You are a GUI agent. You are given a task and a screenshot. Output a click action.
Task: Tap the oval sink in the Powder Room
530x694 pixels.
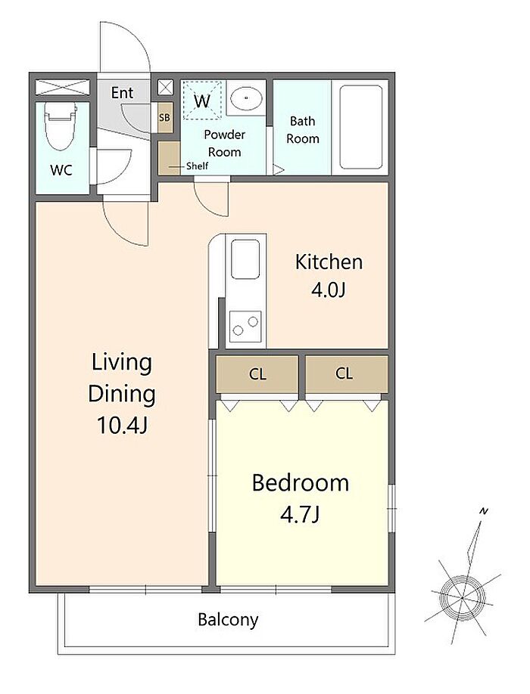[x=246, y=97]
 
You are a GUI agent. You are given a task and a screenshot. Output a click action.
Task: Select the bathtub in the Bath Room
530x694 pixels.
[x=360, y=127]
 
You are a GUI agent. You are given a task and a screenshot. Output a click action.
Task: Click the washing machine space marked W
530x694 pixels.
[x=202, y=101]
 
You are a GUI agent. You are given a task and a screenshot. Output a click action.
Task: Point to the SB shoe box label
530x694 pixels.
[x=164, y=118]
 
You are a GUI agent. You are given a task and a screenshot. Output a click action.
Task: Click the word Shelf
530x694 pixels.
[x=197, y=166]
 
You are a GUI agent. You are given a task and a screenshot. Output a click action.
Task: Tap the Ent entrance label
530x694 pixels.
[x=122, y=93]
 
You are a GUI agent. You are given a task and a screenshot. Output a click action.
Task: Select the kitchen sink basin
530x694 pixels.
[x=245, y=259]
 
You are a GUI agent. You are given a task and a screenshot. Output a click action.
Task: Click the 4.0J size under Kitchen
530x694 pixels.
[x=329, y=290]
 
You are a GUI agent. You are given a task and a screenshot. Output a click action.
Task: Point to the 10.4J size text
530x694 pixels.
[x=122, y=426]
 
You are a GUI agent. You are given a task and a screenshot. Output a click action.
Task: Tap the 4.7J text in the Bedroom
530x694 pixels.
[x=300, y=515]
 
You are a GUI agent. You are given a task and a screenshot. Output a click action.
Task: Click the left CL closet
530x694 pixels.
[x=257, y=374]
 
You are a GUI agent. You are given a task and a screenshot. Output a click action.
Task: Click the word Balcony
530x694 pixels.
[x=228, y=620]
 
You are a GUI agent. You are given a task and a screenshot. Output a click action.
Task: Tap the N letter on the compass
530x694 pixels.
[x=484, y=512]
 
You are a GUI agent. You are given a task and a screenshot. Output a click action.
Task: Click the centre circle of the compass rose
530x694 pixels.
[x=462, y=598]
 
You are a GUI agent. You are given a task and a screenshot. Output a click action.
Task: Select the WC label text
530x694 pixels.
[x=61, y=170]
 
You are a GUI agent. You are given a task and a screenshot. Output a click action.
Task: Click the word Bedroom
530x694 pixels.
[x=301, y=483]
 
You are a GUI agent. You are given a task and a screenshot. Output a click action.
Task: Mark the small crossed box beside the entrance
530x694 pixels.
[x=166, y=87]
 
